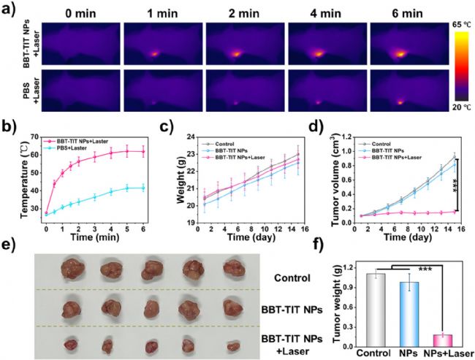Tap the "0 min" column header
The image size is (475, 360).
click(x=75, y=12)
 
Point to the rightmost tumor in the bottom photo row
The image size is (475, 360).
click(x=234, y=344)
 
